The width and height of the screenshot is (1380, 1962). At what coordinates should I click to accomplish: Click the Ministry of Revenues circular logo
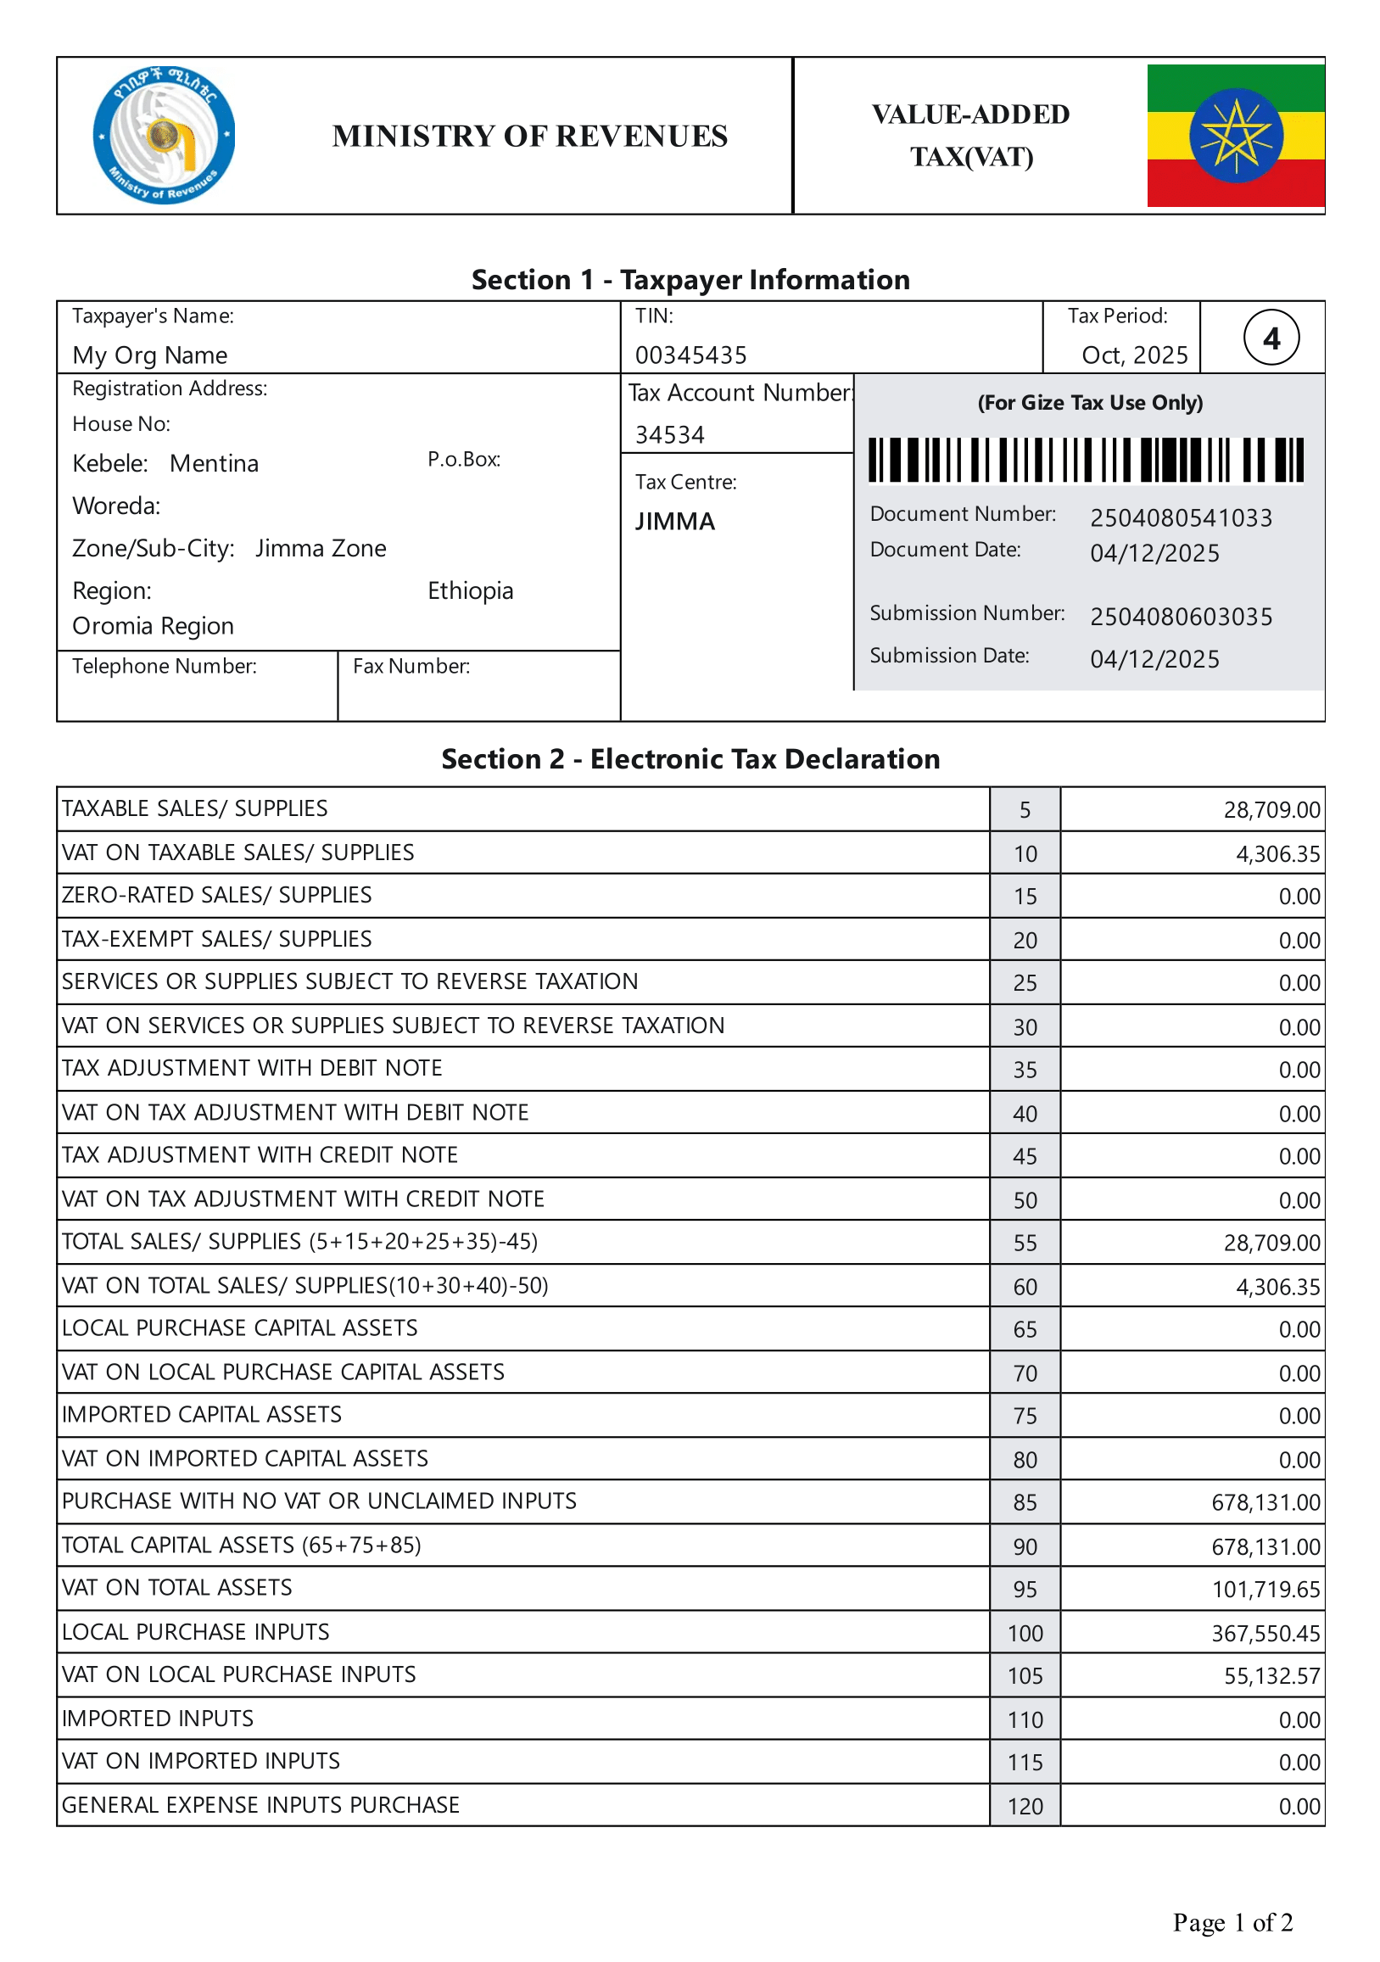point(163,135)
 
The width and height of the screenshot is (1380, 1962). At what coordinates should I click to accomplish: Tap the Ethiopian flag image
point(1235,135)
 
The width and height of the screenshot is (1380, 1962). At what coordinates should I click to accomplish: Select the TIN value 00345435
point(690,355)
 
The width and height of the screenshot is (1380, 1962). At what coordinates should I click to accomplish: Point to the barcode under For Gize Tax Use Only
point(1085,460)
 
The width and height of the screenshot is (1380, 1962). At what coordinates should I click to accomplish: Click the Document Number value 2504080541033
point(1180,517)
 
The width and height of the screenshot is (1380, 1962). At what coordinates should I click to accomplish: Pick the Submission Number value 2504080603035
point(1180,616)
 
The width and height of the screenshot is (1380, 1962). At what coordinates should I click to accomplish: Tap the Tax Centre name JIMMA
point(674,522)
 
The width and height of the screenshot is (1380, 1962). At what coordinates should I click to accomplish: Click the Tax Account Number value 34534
point(669,435)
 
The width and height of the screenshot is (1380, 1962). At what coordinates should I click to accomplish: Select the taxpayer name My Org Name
point(149,355)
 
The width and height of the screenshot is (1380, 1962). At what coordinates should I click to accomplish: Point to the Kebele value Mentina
point(214,463)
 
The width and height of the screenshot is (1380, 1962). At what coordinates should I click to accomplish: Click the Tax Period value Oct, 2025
point(1134,355)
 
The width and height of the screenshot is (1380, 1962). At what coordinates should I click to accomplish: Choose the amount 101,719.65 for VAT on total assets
point(1265,1590)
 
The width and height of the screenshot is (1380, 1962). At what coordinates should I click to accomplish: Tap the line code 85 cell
point(1025,1502)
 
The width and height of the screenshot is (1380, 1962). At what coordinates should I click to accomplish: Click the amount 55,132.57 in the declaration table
point(1271,1676)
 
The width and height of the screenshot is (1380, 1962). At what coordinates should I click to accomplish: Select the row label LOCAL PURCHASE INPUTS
point(196,1632)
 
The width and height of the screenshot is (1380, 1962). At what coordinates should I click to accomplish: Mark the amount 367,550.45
point(1265,1633)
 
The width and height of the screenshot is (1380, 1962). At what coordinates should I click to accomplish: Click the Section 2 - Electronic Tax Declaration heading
point(690,759)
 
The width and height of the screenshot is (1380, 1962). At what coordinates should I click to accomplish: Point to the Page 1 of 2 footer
point(1232,1922)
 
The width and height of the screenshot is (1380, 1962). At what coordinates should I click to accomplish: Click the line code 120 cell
point(1025,1807)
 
